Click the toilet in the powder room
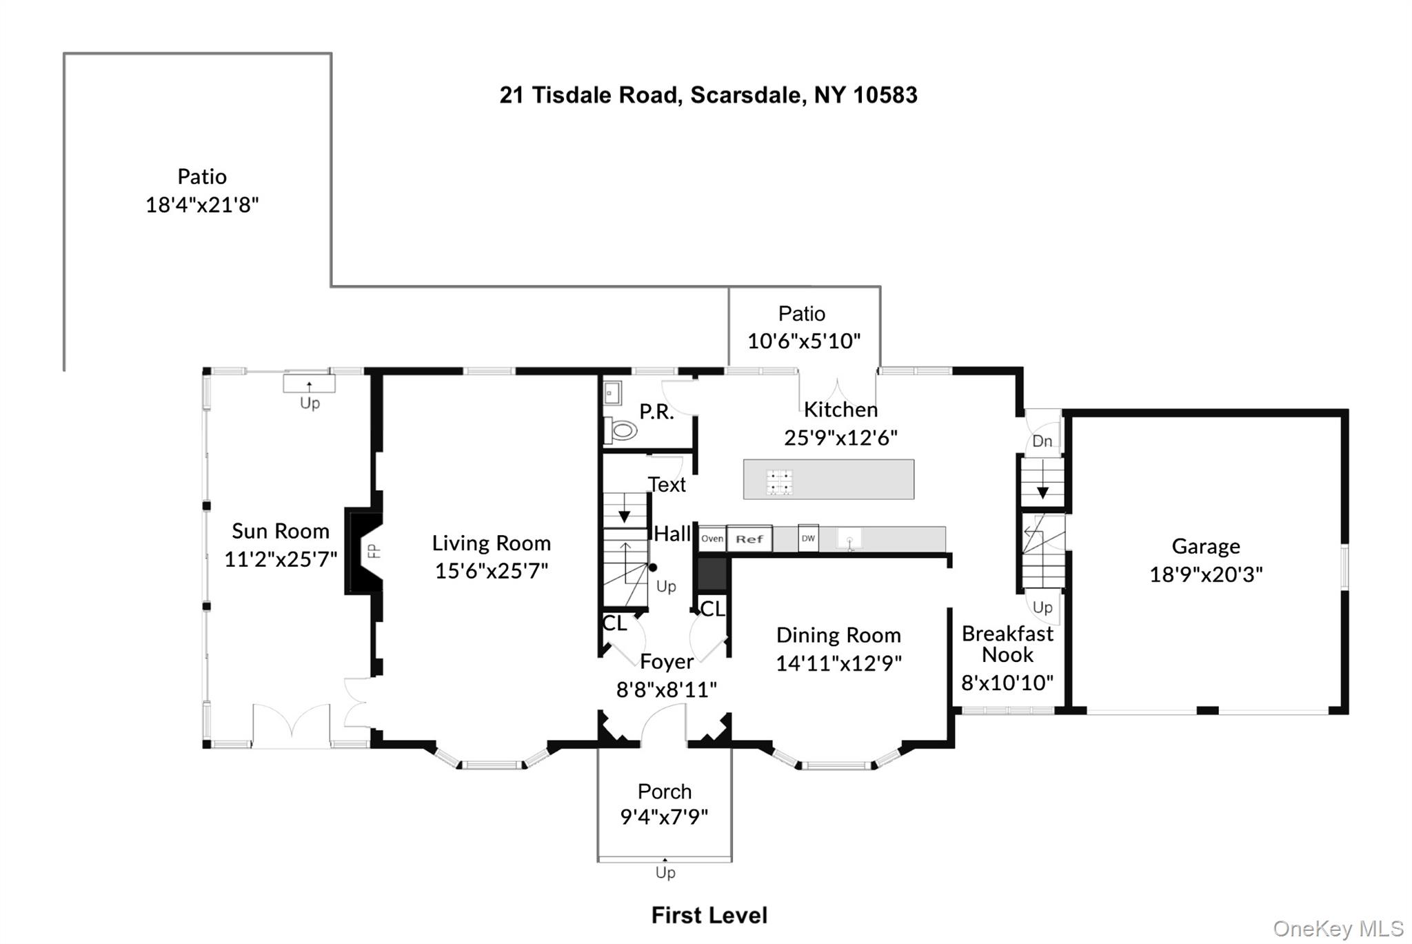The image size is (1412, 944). coord(622,432)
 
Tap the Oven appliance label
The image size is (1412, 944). coord(712,539)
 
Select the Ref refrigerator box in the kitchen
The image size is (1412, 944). coord(749,539)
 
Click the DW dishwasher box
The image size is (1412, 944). coord(808,539)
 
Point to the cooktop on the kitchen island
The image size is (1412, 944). coord(780,482)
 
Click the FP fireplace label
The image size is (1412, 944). coord(373,550)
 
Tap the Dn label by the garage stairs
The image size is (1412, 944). coord(1042,441)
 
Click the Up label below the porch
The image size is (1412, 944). coord(665,873)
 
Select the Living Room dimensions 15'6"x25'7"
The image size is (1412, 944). coord(491,571)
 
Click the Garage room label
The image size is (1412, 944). coord(1205,546)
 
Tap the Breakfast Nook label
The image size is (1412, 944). coord(1007,644)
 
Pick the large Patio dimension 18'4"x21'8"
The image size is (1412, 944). coord(202,205)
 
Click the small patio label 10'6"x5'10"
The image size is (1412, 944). coord(804,341)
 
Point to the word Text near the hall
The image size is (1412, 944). coord(667,485)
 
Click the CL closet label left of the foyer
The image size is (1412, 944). coord(614,623)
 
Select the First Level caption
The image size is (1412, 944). coord(709,915)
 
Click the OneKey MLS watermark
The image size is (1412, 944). coord(1338,929)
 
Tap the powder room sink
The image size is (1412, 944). coord(612,393)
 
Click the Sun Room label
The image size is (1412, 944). coord(280,531)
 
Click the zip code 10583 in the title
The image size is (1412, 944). coord(885,95)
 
